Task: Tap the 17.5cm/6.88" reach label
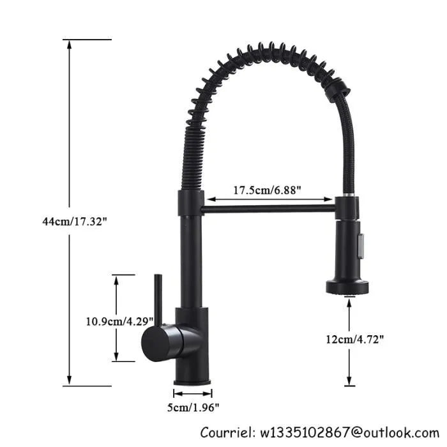point(266,190)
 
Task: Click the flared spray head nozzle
point(349,285)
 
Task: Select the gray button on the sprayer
point(361,244)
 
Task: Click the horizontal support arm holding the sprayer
point(268,208)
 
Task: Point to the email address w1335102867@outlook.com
point(349,432)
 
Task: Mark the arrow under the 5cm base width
point(193,393)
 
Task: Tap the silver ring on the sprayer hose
point(348,193)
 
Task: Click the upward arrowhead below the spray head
point(349,303)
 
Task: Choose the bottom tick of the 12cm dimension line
point(349,385)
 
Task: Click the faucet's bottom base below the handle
point(192,370)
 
